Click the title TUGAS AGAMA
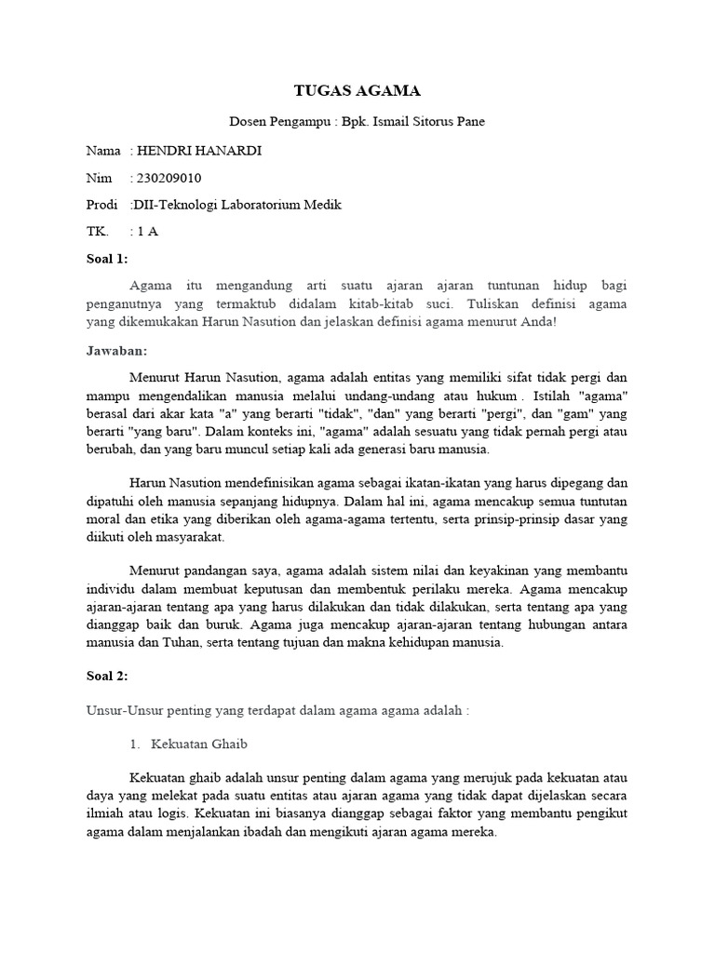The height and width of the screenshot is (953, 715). point(357,90)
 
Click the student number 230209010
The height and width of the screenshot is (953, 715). point(169,178)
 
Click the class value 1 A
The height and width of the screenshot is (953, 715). point(147,232)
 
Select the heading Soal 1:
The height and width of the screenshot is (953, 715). point(107,258)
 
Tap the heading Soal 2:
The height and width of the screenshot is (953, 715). point(107,676)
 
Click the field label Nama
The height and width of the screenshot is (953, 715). point(103,151)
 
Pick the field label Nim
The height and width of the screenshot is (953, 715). point(98,178)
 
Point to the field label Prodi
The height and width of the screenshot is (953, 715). point(102,205)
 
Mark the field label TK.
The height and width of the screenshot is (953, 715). point(96,232)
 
